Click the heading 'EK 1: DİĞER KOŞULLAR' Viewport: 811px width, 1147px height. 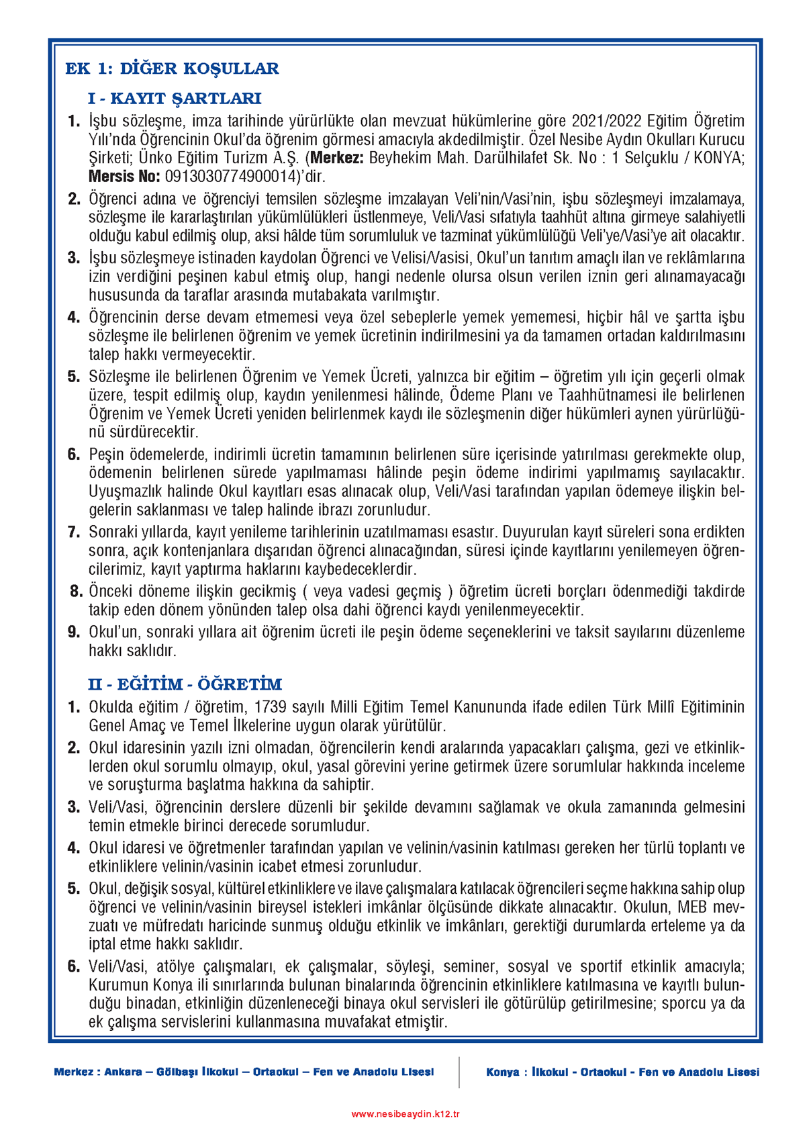(172, 68)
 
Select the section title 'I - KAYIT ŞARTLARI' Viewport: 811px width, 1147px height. (174, 99)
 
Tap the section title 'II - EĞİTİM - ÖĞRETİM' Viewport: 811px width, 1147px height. (185, 684)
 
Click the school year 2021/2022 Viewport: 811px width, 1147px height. (607, 121)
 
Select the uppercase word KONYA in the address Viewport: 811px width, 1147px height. (716, 158)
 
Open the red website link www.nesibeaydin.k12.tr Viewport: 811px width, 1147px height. (405, 1114)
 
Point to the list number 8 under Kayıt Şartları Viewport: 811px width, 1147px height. (76, 592)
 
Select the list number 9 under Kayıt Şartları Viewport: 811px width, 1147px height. (74, 633)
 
